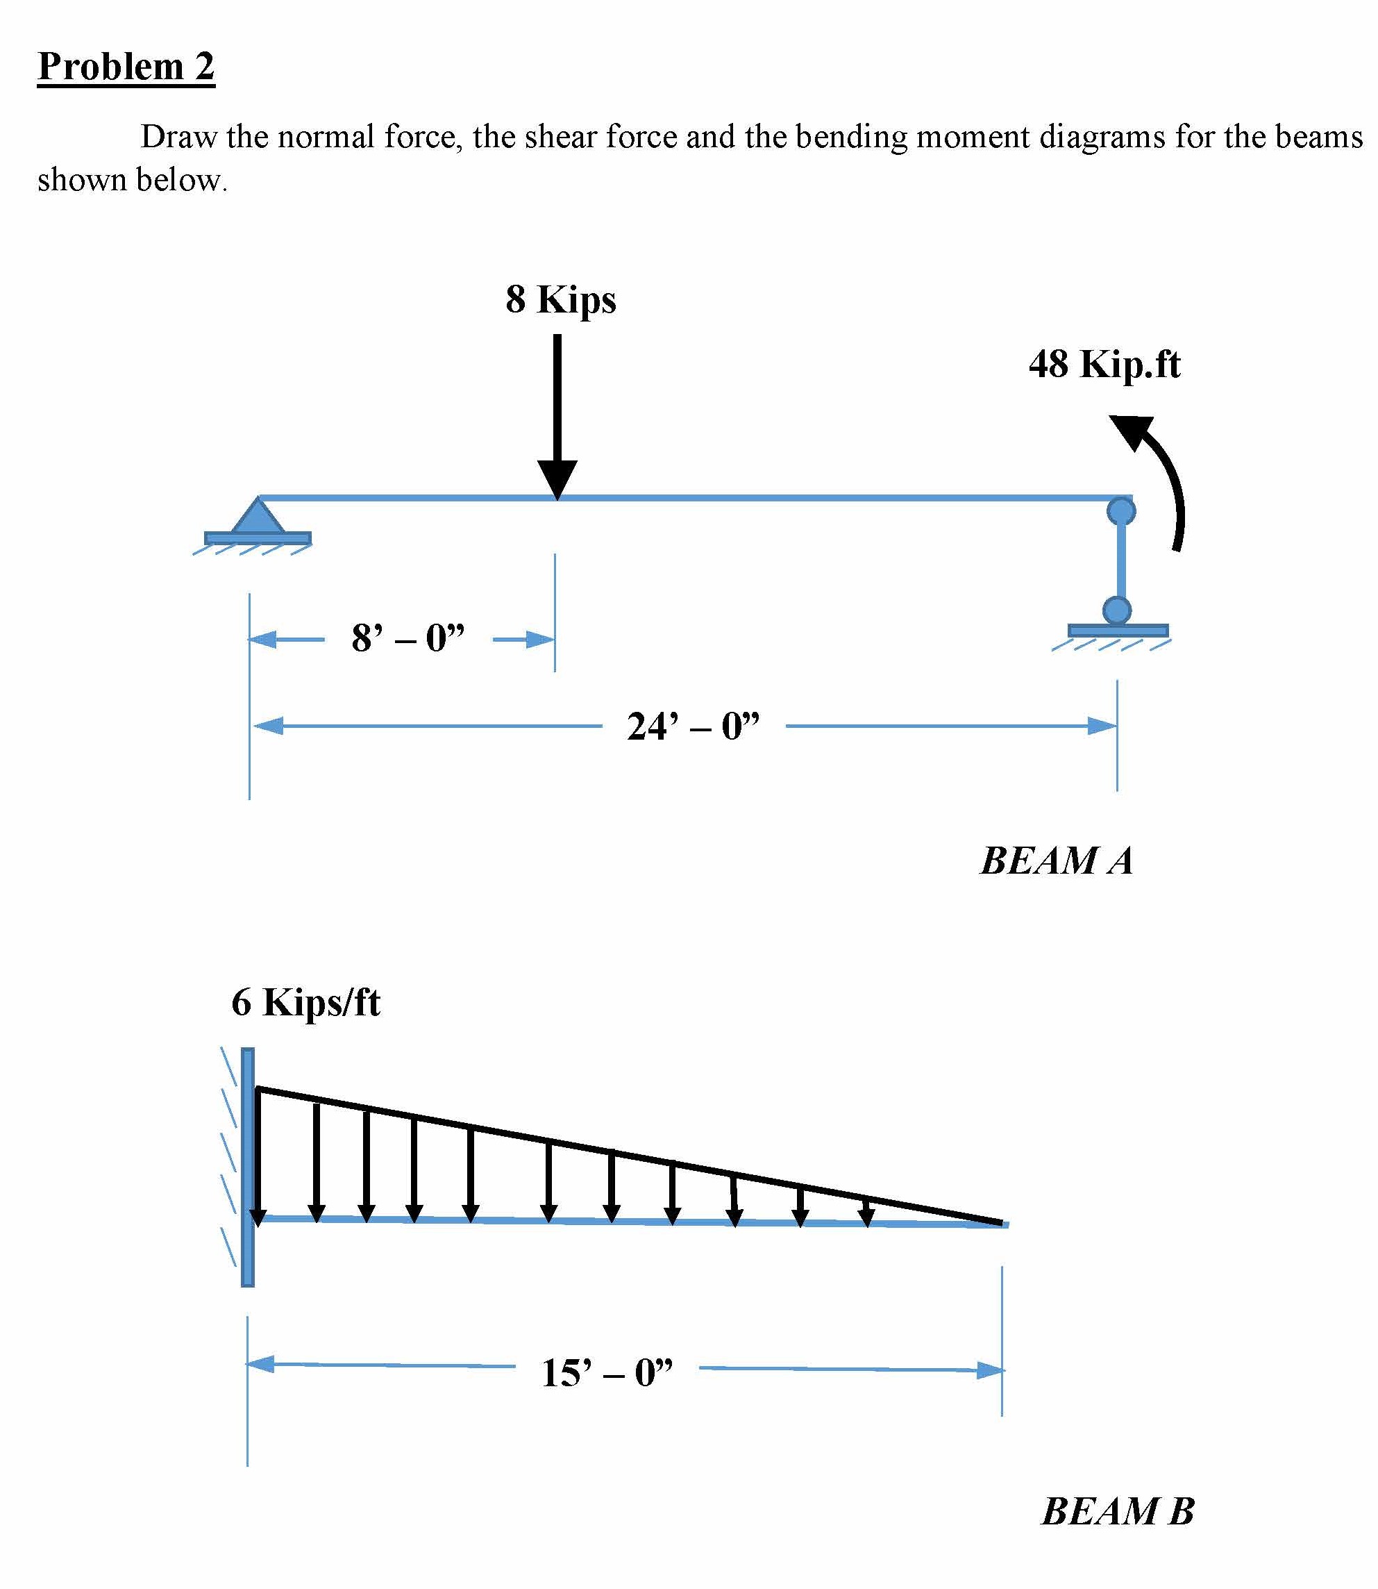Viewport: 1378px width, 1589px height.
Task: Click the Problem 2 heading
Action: pos(126,66)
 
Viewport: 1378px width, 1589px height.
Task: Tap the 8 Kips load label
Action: pos(561,299)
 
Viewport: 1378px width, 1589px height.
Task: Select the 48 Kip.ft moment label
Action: pos(1104,364)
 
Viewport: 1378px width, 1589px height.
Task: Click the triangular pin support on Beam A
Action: pos(258,517)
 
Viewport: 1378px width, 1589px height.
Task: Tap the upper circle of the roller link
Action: pos(1120,510)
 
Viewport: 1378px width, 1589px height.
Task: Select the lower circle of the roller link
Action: pos(1116,610)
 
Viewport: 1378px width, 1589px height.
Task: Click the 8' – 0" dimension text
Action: pos(408,638)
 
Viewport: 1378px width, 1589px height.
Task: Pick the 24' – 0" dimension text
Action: pos(693,726)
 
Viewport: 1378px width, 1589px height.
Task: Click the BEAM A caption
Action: pos(1057,860)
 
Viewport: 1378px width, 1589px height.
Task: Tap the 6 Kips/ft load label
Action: pos(305,1002)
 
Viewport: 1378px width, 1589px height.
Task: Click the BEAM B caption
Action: pos(1117,1511)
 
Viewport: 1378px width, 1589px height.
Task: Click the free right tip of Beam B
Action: pos(1004,1224)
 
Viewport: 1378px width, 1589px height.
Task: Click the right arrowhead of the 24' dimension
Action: pos(1102,726)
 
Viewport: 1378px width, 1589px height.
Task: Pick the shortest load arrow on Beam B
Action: pos(866,1211)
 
